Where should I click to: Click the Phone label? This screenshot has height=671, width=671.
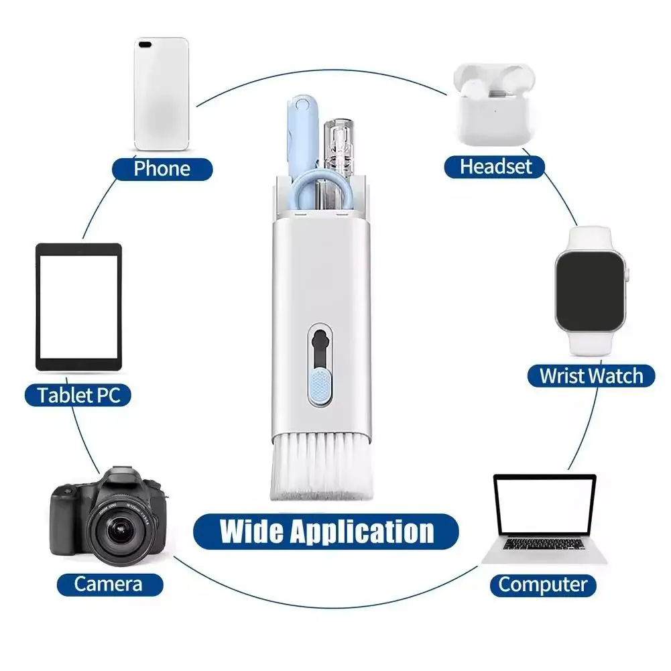[162, 168]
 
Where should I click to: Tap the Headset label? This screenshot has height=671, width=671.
[495, 166]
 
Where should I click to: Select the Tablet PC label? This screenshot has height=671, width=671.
[78, 394]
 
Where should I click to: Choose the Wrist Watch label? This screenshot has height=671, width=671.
[591, 375]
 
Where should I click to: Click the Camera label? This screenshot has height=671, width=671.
[109, 583]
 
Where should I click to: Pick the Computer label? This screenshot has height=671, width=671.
[542, 585]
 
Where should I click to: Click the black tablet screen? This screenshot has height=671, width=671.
[78, 306]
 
